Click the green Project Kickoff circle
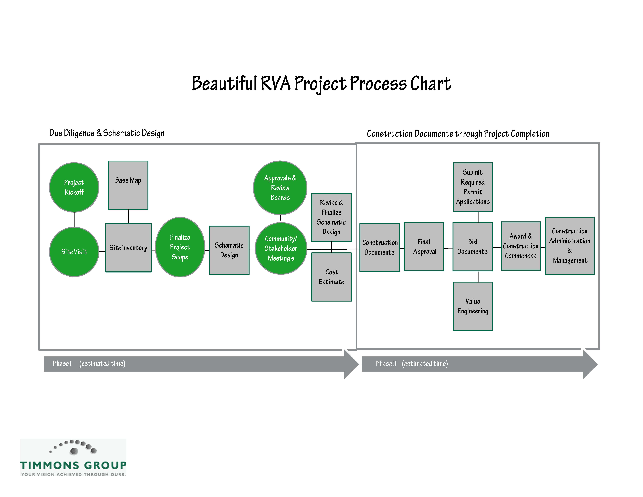tap(74, 187)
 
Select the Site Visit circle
tap(74, 252)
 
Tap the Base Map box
tap(128, 185)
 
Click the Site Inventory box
tap(128, 248)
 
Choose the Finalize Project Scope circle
tap(180, 247)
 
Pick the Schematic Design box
tap(229, 250)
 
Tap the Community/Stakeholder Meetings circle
tap(281, 248)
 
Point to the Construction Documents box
tap(380, 248)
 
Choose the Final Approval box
tap(424, 247)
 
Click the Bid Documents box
tap(472, 247)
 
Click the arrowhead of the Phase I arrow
tap(359, 364)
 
